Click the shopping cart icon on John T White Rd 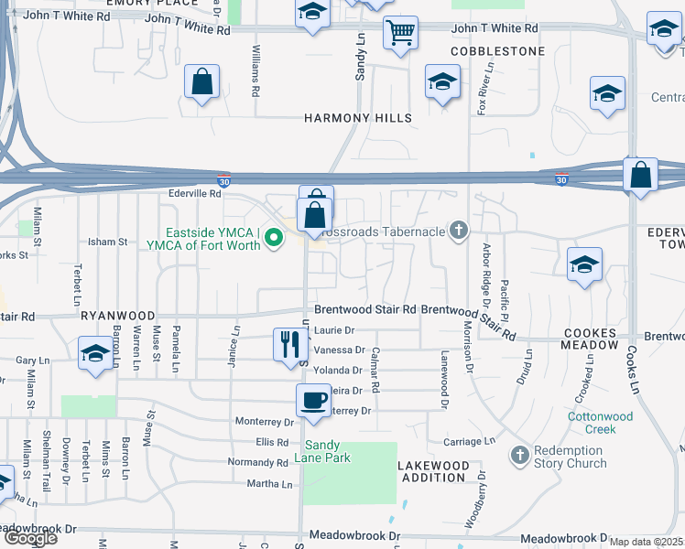point(400,33)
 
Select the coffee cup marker point(313,400)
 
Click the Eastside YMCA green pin point(272,239)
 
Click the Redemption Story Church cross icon point(519,455)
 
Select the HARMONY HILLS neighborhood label point(358,118)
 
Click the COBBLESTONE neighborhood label point(497,51)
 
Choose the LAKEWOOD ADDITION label point(433,471)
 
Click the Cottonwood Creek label point(601,423)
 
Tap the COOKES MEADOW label point(591,339)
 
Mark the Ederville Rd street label point(195,193)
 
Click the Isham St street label point(107,242)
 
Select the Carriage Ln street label point(468,441)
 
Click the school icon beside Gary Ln point(94,354)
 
